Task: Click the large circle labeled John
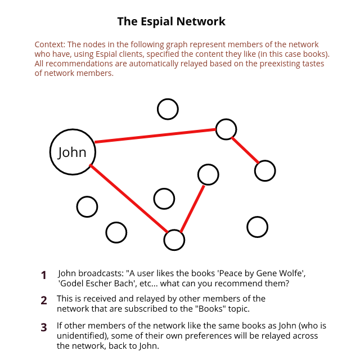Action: coord(50,152)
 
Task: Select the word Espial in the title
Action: coord(157,22)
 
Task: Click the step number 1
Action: coord(44,275)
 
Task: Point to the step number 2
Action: coord(44,300)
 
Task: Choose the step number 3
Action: coord(44,327)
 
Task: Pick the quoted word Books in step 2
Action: coord(211,309)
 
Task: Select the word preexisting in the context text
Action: coord(280,64)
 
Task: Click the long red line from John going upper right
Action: coord(155,136)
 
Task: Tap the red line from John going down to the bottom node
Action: coord(129,199)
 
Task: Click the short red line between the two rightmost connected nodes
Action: coord(245,150)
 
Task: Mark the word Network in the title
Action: coord(201,21)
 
